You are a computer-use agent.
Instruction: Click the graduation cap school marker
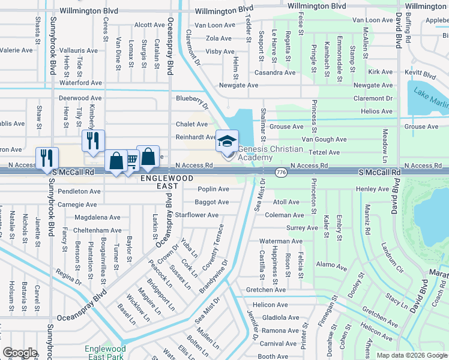(227, 142)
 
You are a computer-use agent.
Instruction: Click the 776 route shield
(280, 172)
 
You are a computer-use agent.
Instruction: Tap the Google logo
(20, 353)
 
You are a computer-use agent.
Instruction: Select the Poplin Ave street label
(213, 189)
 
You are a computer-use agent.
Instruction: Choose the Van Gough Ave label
(324, 139)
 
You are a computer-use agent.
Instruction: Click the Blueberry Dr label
(192, 102)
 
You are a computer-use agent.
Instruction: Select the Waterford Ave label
(80, 83)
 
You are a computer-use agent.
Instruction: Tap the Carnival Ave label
(278, 344)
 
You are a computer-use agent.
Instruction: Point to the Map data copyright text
(412, 355)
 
